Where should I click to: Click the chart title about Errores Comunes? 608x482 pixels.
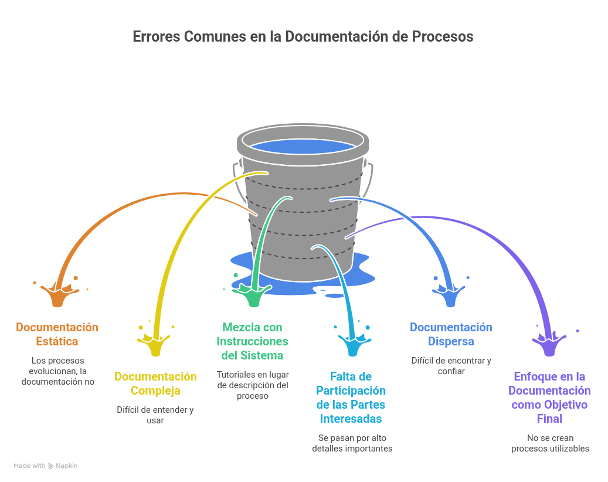pos(303,36)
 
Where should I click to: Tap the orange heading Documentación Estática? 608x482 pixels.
pos(57,334)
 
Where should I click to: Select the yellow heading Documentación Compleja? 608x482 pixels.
pos(155,383)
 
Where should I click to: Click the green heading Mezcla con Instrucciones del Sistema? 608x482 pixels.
pos(252,341)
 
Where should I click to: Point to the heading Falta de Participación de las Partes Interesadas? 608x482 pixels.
pos(351,398)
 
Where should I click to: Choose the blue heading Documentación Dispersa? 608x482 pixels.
pos(451,334)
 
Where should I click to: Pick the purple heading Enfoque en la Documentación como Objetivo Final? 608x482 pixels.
pos(549,398)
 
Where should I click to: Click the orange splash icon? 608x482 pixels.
pos(57,296)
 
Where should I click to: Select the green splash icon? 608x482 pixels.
pos(253,296)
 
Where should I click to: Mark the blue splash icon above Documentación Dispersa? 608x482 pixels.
pos(450,296)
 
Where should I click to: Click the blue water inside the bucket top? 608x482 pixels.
pos(303,147)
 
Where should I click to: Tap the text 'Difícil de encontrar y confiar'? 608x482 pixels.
pos(451,366)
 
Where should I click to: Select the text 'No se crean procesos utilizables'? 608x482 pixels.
pos(550,443)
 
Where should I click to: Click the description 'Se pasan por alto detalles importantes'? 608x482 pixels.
pos(352,443)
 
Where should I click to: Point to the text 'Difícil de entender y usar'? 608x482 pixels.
pos(155,415)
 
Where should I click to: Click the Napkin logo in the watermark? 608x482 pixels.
pos(52,466)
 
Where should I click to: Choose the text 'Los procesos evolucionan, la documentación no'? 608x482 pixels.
pos(57,371)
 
